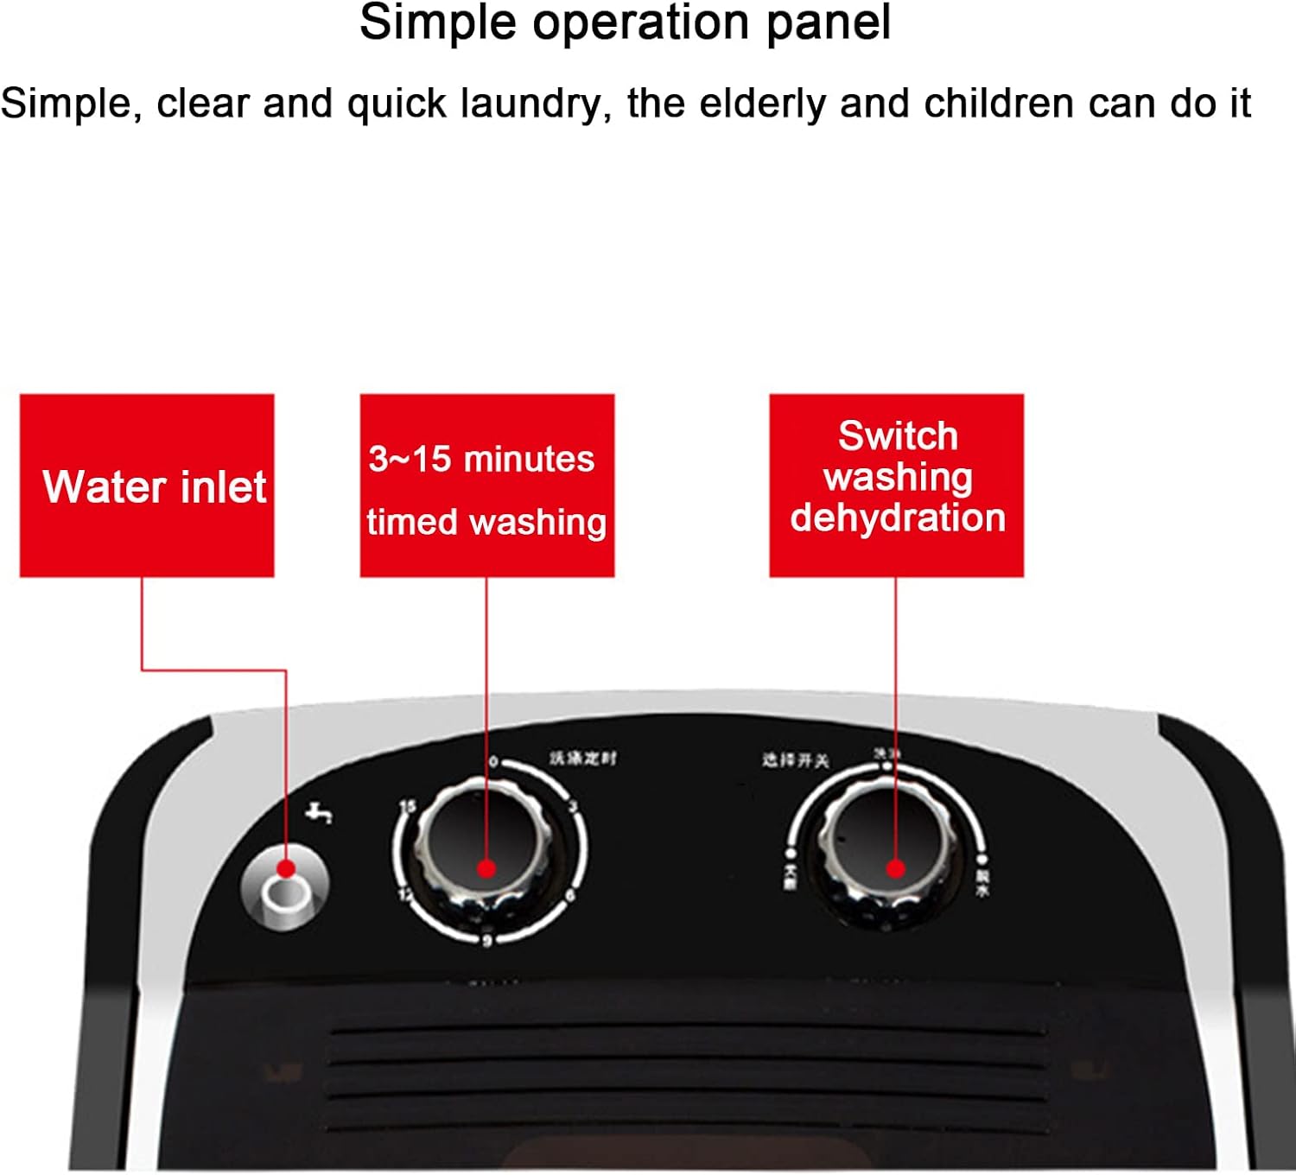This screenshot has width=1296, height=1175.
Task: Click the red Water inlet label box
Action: (x=147, y=486)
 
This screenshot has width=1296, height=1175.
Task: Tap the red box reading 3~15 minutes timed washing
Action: (x=486, y=486)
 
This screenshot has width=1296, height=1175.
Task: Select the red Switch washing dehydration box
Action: (x=896, y=486)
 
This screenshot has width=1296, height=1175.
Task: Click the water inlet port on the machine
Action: (x=284, y=895)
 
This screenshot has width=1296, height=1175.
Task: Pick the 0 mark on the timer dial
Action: (x=493, y=762)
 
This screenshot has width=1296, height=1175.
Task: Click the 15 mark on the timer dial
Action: (x=407, y=807)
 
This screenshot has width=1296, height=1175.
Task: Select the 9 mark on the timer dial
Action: (x=487, y=940)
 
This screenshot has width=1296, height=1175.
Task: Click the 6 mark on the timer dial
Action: (x=569, y=896)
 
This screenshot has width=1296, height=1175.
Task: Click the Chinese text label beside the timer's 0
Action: (x=583, y=759)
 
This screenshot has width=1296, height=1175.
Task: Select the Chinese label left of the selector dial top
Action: (x=795, y=760)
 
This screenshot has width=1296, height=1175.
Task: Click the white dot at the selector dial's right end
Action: (x=982, y=861)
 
